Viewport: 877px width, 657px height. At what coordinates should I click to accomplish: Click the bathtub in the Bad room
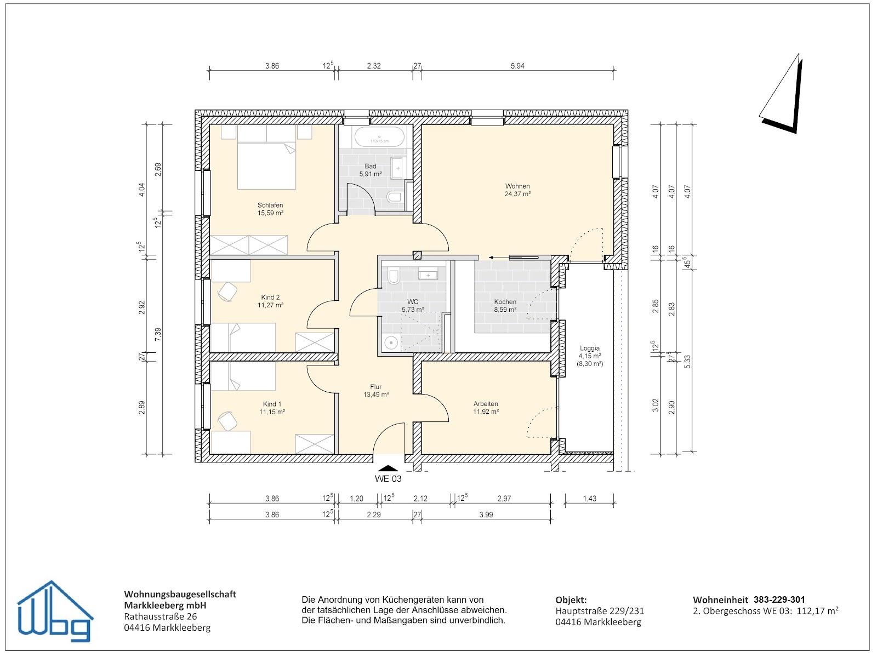(379, 136)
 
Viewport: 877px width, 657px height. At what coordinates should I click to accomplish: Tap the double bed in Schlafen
(266, 157)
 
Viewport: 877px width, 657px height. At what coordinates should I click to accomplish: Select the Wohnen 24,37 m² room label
(517, 190)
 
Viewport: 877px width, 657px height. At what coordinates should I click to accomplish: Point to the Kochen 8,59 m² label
(505, 306)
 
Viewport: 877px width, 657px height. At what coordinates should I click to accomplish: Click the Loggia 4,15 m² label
(590, 356)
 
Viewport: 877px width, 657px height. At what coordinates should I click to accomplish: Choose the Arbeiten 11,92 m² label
(486, 408)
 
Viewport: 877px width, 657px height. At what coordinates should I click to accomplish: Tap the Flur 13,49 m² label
(376, 391)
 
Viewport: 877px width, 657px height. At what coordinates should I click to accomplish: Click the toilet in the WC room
(394, 276)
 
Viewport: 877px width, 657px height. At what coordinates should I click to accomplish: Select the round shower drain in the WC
(391, 342)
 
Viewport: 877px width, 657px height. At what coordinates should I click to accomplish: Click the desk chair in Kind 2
(227, 292)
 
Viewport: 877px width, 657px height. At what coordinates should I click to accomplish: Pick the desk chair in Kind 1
(227, 421)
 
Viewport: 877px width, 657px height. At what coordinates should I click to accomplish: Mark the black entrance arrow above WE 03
(388, 468)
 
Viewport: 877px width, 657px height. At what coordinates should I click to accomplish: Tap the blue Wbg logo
(55, 612)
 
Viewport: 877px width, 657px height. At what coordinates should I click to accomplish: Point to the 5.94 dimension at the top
(517, 66)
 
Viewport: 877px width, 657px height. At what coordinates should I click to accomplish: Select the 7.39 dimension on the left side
(158, 334)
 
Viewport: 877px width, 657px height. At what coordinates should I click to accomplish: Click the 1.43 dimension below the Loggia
(589, 499)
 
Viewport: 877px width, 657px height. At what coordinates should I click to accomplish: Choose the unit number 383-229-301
(779, 599)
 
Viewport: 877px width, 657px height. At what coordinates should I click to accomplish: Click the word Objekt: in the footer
(571, 600)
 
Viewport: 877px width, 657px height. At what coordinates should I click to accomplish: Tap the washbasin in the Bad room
(398, 168)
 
